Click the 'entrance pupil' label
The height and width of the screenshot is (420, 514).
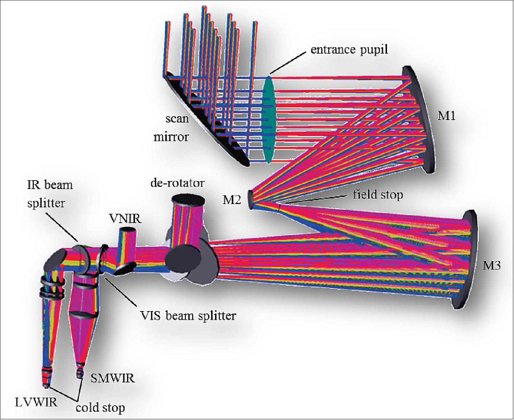click(x=349, y=49)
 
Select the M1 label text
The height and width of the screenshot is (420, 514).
click(x=446, y=116)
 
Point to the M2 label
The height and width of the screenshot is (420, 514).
click(x=231, y=200)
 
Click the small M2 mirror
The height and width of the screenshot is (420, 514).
click(x=251, y=200)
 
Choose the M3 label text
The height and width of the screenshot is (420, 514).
click(x=491, y=266)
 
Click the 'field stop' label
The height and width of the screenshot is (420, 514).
click(x=378, y=194)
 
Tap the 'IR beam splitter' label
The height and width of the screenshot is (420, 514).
click(x=50, y=193)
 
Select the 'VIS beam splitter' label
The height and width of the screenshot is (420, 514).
click(x=188, y=316)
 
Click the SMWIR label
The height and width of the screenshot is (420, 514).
click(x=112, y=378)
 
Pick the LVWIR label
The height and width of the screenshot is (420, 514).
click(x=36, y=403)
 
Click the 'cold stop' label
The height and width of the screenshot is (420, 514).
click(x=100, y=407)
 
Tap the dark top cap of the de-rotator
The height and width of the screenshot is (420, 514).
click(x=188, y=200)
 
